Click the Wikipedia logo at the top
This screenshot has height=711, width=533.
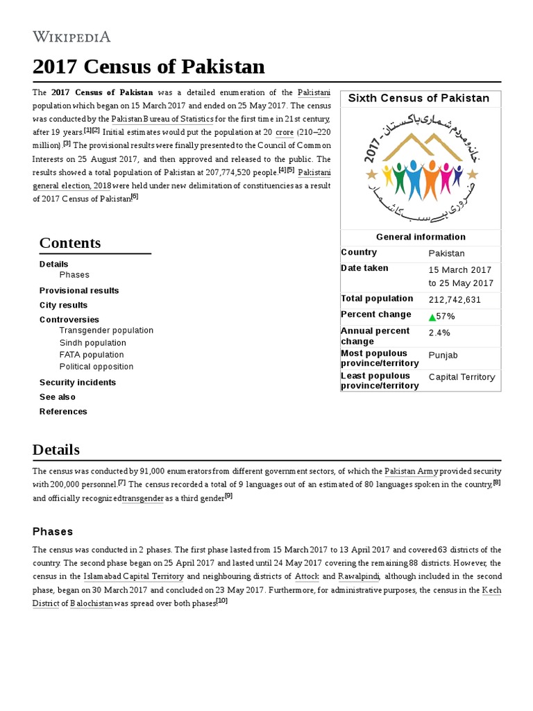click(x=71, y=37)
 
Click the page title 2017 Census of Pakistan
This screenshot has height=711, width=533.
click(x=149, y=67)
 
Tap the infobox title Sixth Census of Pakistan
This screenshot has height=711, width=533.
click(x=418, y=99)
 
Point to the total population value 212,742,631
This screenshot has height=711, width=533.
click(x=455, y=300)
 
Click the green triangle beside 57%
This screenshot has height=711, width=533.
click(x=432, y=317)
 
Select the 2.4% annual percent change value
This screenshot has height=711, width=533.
click(x=439, y=333)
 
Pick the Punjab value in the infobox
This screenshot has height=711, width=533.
click(x=443, y=355)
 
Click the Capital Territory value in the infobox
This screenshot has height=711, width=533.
click(x=462, y=378)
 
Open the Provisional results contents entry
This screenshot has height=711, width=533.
click(x=79, y=290)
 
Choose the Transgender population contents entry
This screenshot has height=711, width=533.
click(x=106, y=331)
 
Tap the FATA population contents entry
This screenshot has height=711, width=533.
click(x=92, y=355)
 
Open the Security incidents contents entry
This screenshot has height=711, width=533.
click(x=78, y=383)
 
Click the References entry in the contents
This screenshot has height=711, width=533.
click(x=63, y=412)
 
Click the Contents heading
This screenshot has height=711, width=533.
click(x=70, y=243)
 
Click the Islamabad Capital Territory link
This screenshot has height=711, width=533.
click(x=133, y=576)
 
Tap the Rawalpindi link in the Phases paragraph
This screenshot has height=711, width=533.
click(x=358, y=576)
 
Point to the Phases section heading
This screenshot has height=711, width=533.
click(x=53, y=532)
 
